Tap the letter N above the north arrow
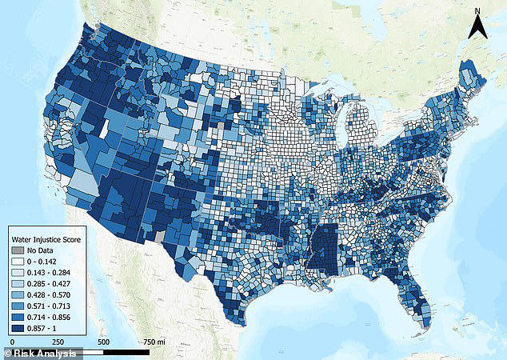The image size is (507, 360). (478, 10)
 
